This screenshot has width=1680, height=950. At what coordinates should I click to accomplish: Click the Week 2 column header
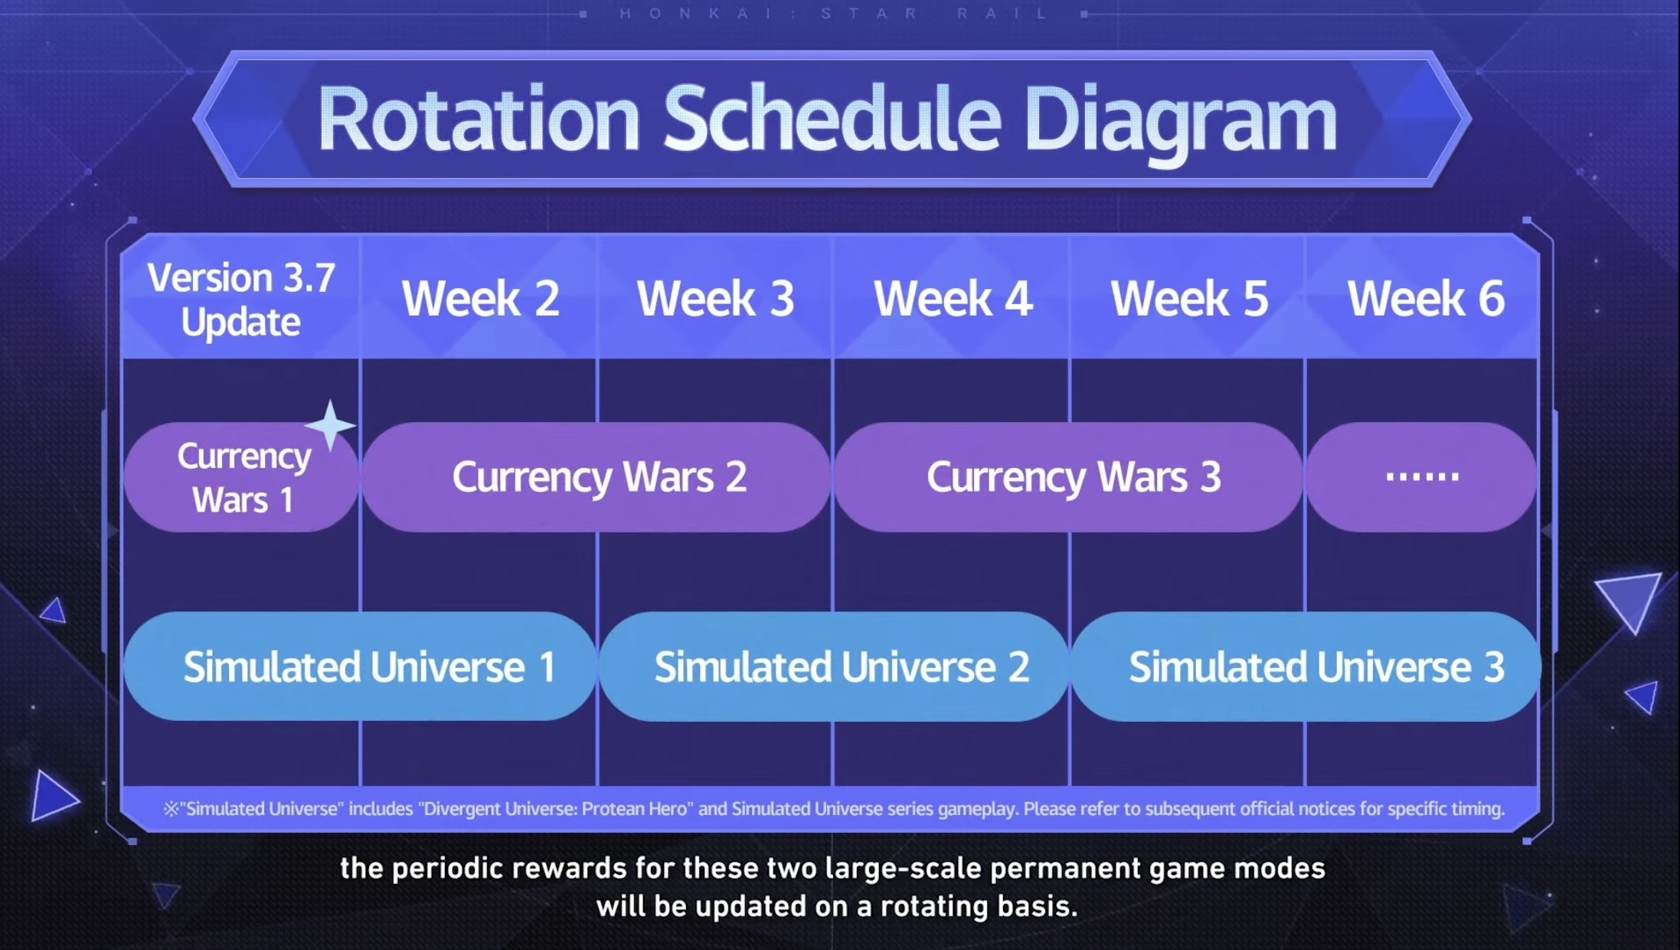point(480,297)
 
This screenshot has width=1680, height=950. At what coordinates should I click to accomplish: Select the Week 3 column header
point(715,297)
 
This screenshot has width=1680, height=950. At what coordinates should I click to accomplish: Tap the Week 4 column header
point(953,297)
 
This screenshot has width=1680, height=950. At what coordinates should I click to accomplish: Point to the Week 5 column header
point(1189,297)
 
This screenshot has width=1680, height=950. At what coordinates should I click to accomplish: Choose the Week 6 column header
point(1426,297)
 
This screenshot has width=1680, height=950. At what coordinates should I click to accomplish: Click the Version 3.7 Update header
point(241,300)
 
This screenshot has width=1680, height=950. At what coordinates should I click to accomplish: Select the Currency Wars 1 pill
point(241,477)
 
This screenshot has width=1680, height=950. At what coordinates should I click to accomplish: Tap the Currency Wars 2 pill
point(596,477)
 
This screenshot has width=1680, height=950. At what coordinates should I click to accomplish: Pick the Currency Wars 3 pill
point(1069,477)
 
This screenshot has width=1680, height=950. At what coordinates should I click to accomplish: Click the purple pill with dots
point(1421,477)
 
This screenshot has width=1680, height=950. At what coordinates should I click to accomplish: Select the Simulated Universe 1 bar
point(360,666)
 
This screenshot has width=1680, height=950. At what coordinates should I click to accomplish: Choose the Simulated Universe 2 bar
point(834,666)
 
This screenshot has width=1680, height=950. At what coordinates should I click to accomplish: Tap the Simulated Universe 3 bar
point(1306,666)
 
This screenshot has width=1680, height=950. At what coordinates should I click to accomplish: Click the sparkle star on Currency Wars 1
point(330,425)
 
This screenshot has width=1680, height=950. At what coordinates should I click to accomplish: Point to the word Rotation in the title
point(479,120)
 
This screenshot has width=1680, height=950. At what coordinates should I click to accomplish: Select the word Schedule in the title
point(832,118)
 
